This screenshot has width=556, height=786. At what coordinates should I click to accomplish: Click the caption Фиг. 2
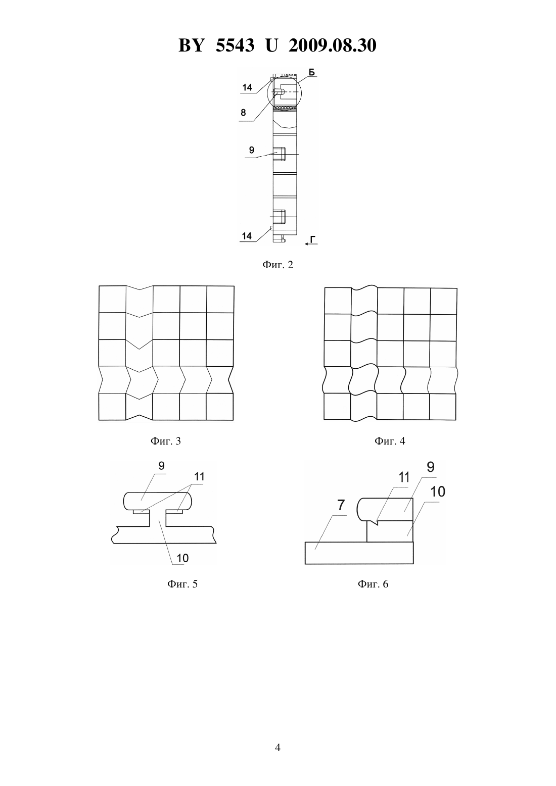277,265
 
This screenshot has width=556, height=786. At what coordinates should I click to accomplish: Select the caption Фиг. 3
165,440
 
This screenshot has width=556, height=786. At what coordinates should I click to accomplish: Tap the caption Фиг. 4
390,440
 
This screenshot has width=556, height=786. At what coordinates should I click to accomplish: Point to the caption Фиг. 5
182,584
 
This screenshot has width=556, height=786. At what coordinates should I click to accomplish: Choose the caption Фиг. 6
373,584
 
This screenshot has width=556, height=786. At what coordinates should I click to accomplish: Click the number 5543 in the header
235,45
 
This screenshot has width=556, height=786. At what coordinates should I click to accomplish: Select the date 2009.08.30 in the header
333,45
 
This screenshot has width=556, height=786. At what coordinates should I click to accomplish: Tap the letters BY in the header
191,45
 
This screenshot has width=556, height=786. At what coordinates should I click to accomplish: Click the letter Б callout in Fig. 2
312,73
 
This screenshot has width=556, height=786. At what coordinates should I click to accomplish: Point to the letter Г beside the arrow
312,239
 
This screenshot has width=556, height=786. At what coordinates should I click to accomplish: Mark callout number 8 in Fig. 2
243,113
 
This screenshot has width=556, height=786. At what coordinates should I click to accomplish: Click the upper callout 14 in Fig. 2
247,87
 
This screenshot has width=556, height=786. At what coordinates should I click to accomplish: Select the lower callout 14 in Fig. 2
247,236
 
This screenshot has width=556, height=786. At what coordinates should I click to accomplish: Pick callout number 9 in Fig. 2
252,150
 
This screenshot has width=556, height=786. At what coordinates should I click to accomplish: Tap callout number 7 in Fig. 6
341,505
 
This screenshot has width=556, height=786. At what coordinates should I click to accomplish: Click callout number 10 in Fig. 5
182,558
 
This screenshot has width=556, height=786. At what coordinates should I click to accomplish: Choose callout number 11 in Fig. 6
404,477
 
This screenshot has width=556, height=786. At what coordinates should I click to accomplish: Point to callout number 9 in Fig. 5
161,466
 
